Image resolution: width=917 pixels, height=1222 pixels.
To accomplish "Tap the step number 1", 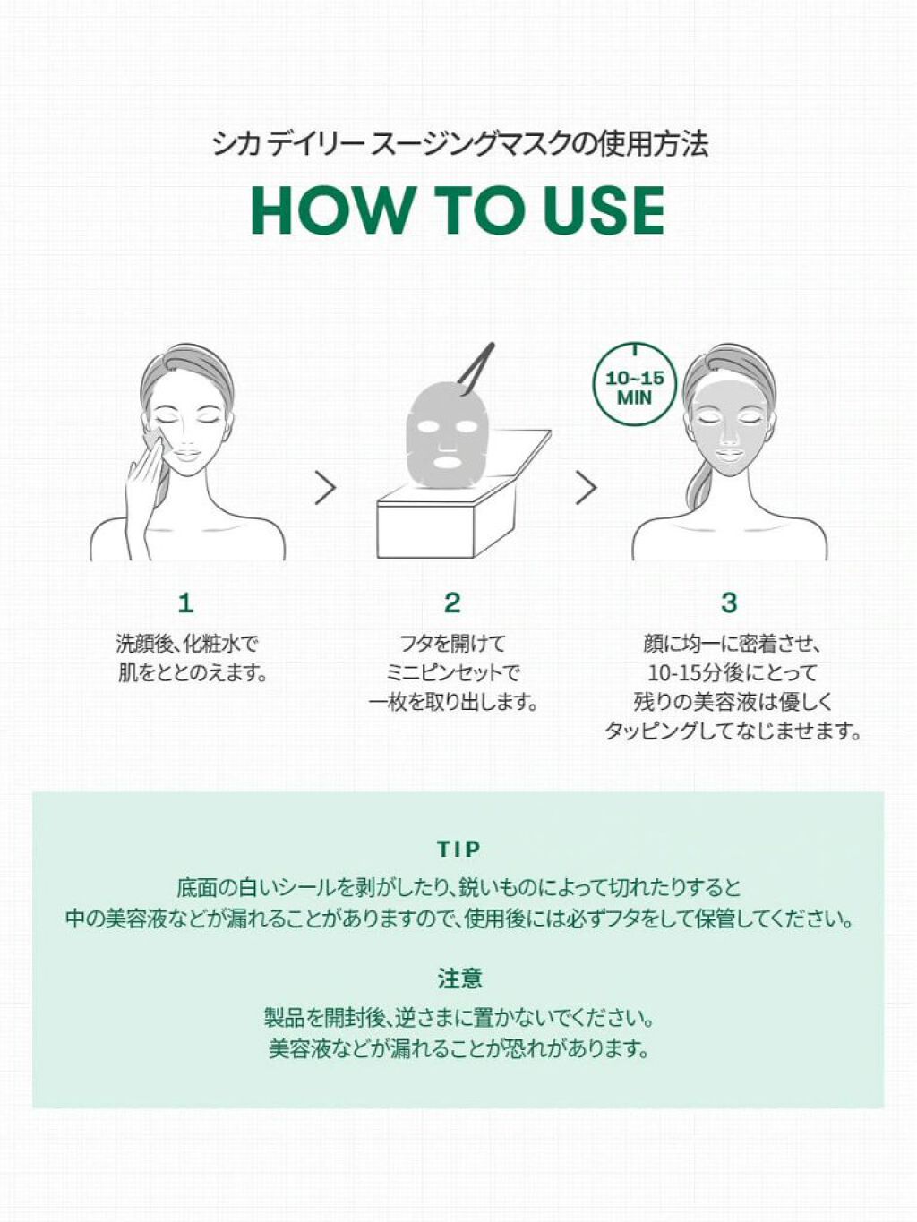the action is tap(186, 602).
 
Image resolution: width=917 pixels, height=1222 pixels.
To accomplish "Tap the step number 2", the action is tap(452, 602).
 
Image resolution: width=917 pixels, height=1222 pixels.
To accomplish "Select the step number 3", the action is tap(729, 602).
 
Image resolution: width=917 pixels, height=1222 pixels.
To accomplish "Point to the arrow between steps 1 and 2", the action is tap(326, 488).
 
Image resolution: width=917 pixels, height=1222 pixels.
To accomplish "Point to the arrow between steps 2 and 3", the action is tap(587, 488).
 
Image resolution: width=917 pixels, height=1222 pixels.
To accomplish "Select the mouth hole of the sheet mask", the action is tap(449, 462).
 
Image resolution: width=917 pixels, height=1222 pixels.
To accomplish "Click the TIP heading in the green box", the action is tap(458, 849).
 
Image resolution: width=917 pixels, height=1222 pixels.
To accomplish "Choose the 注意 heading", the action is tap(459, 978).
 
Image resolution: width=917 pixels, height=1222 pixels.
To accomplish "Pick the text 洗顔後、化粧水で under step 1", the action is tap(188, 645).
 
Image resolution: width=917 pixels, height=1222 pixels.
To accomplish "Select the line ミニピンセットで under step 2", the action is tap(452, 673).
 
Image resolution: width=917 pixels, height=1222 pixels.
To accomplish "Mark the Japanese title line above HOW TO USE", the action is tap(460, 145).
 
